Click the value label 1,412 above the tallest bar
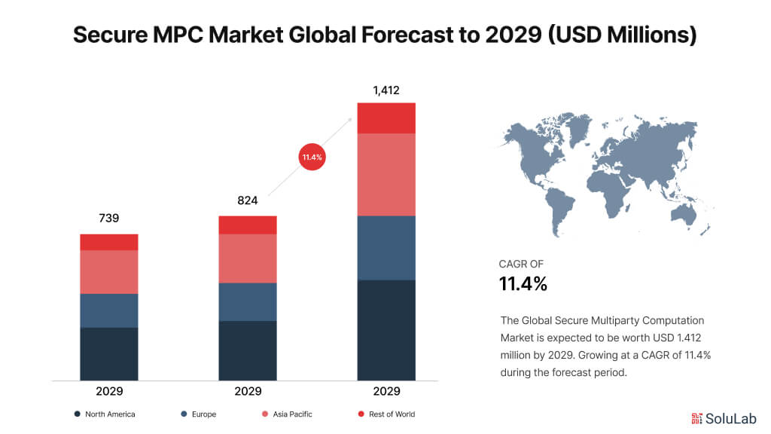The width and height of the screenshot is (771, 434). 386,90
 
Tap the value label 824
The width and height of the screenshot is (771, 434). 248,200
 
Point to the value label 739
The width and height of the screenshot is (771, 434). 109,219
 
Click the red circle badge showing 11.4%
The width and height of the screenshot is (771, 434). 312,157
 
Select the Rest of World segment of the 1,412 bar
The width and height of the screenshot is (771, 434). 386,118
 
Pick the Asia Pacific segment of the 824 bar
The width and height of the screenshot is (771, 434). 248,258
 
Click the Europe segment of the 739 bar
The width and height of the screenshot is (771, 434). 109,310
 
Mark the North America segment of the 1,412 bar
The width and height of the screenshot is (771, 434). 386,330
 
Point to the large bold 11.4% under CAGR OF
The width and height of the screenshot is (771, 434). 523,284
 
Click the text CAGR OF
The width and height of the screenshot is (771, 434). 521,264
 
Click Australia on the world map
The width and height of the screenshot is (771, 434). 684,215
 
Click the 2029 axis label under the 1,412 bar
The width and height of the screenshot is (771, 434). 386,392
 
